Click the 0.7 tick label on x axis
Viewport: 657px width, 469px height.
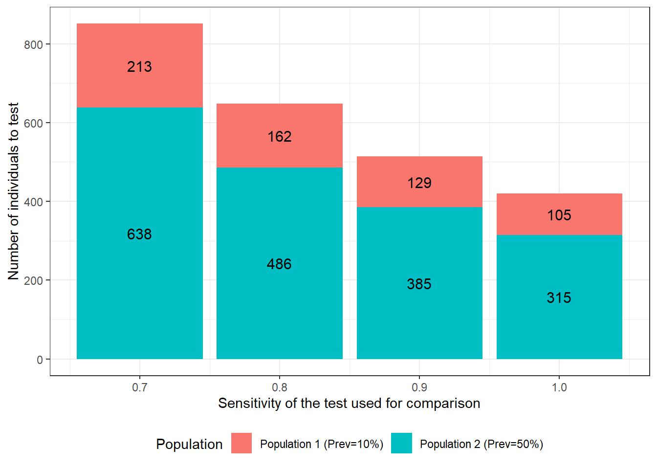point(140,387)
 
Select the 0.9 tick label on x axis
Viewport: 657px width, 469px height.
point(419,387)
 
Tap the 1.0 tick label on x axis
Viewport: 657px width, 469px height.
point(559,387)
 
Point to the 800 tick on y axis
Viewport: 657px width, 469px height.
point(33,44)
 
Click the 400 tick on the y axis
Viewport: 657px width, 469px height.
point(33,202)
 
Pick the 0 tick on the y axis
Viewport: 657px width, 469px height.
point(40,360)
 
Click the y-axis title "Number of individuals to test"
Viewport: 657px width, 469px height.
point(13,191)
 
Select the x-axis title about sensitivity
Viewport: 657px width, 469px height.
point(349,403)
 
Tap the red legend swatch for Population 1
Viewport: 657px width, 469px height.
point(241,443)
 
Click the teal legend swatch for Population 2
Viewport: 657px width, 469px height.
point(401,443)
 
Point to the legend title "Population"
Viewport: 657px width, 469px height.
point(189,444)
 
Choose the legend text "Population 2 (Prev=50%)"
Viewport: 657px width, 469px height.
point(482,444)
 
